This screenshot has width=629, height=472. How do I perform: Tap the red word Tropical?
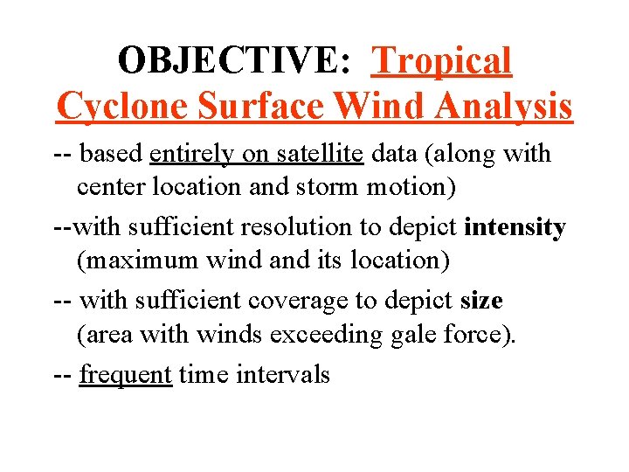point(441,60)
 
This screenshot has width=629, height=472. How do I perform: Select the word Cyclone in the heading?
point(121,106)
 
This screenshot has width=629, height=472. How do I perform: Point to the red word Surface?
point(261,106)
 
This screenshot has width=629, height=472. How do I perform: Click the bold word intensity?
point(515,227)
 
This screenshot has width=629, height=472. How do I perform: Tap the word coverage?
point(298,301)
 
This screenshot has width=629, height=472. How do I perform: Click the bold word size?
point(481,301)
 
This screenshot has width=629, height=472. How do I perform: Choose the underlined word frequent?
point(125,375)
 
